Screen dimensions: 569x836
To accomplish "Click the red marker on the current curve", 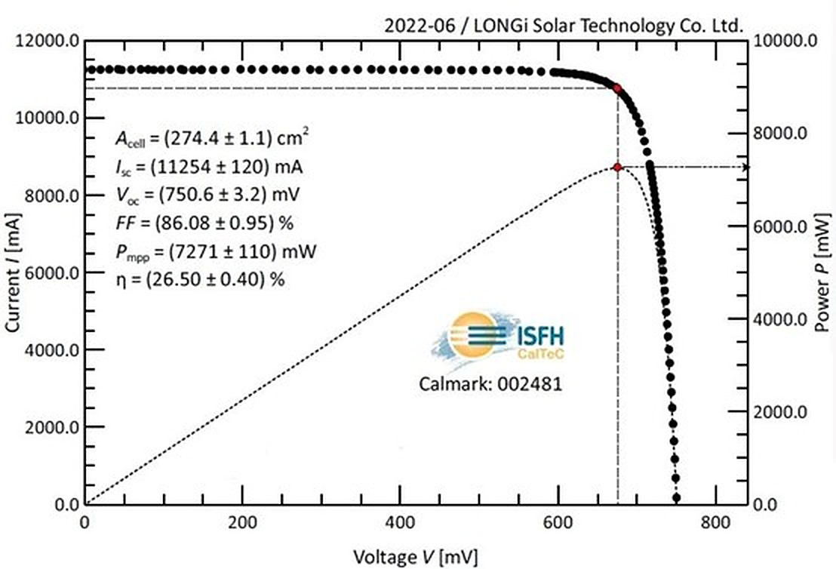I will [x=617, y=88].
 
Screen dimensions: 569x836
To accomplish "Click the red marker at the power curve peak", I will [x=617, y=167].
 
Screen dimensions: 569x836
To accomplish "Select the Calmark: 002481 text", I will [x=490, y=384].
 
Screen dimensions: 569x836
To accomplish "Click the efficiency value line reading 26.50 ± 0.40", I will [x=199, y=279].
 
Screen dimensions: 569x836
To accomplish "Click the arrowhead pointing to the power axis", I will [x=745, y=167].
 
